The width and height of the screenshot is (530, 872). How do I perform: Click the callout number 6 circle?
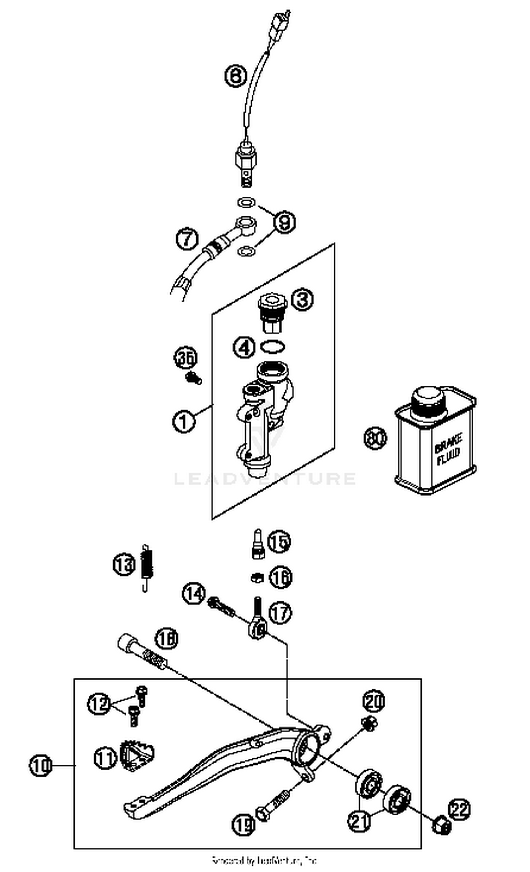236,76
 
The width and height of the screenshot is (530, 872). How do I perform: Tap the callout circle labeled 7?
187,238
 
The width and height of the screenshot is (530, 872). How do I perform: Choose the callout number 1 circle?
184,421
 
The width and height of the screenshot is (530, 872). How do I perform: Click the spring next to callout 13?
146,566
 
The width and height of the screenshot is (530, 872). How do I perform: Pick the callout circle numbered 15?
279,542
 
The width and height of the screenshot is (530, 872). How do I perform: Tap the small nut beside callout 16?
257,578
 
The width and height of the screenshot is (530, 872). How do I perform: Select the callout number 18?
166,639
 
